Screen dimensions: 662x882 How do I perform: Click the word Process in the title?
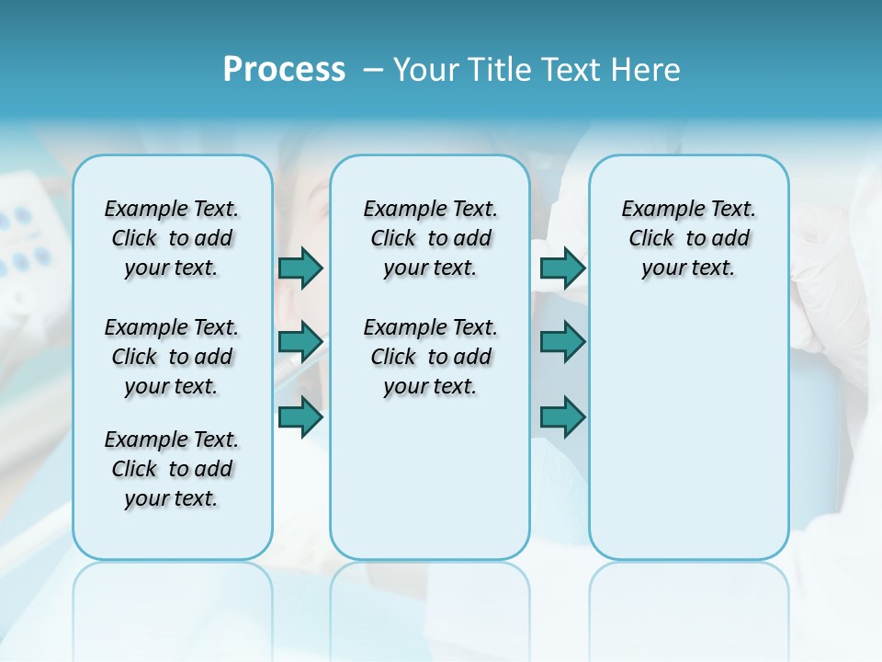[x=284, y=70]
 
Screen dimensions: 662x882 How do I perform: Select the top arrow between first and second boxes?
[x=300, y=268]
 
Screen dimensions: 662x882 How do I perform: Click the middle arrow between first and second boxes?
[x=300, y=342]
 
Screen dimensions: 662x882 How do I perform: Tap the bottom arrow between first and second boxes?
[x=300, y=417]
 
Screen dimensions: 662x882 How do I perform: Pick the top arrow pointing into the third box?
[x=562, y=268]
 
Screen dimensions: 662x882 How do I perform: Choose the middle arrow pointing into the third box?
[x=562, y=342]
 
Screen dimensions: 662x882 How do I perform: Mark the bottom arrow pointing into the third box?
[x=562, y=417]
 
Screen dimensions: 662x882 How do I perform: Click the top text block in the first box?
[x=172, y=238]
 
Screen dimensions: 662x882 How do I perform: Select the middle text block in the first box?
[x=172, y=357]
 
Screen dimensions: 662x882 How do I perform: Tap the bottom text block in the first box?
[x=172, y=469]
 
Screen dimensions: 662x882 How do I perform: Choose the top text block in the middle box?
[x=430, y=238]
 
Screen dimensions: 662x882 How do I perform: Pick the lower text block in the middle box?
[x=430, y=357]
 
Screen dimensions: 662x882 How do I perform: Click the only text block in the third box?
[x=689, y=238]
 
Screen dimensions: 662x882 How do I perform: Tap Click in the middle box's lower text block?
[x=393, y=357]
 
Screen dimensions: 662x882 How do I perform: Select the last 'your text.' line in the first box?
[x=172, y=498]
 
